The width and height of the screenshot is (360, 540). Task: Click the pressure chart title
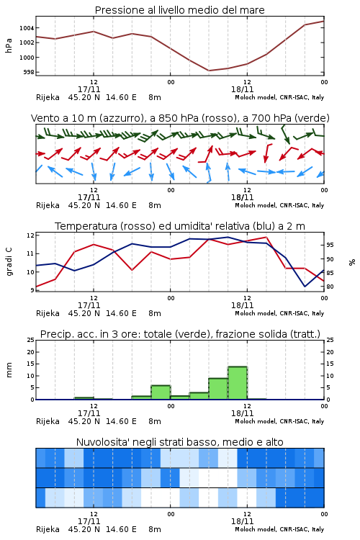click(179, 10)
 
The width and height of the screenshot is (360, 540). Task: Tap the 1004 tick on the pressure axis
click(27, 28)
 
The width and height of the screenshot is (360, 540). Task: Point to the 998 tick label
click(28, 72)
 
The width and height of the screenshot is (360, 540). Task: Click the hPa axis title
click(9, 45)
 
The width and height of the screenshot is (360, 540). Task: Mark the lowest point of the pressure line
click(209, 71)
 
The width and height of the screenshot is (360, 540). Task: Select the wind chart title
click(180, 118)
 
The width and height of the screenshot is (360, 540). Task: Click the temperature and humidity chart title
click(180, 226)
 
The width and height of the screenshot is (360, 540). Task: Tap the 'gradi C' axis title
click(9, 262)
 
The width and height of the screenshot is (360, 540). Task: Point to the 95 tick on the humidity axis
click(330, 245)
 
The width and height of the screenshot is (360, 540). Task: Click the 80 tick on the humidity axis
click(330, 287)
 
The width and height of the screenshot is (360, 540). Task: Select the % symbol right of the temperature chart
click(352, 262)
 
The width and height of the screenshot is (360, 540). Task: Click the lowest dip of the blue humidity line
click(305, 286)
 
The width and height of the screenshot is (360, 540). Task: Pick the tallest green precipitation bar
click(238, 383)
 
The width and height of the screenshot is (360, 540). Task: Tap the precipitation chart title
click(180, 334)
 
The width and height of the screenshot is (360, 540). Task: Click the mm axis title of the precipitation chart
click(9, 370)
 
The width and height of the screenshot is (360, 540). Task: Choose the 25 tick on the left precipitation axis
click(30, 340)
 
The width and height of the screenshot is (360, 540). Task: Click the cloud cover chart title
click(179, 442)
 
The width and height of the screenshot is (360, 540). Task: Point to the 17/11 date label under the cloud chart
click(89, 521)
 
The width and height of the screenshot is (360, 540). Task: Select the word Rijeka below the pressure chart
click(48, 97)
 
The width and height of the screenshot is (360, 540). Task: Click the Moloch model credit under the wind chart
click(279, 206)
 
